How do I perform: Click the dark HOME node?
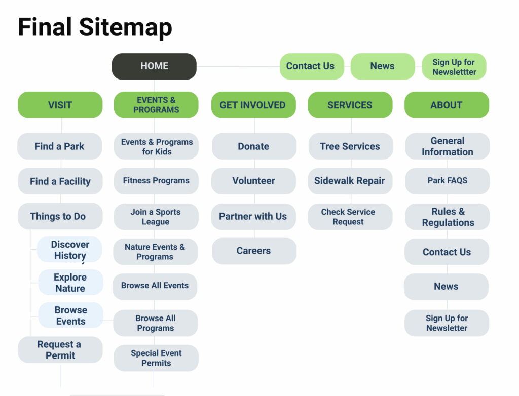tap(154, 66)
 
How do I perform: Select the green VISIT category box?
tap(60, 105)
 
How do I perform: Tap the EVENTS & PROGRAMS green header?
tap(156, 105)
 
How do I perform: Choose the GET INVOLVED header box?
tap(253, 105)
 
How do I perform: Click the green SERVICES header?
tap(350, 105)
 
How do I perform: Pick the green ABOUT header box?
tap(447, 105)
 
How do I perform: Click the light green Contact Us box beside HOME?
tap(312, 66)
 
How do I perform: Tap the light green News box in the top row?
tap(383, 66)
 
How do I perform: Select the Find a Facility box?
tap(60, 181)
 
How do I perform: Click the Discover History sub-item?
tap(69, 250)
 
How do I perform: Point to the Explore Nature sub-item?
tap(70, 282)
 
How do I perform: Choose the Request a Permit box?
tap(60, 350)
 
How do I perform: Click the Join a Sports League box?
tap(156, 217)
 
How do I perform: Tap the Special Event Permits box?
tap(156, 358)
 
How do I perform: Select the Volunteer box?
tap(253, 181)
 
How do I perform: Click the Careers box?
tap(254, 251)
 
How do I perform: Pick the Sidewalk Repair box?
tap(350, 181)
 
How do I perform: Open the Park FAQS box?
tap(448, 181)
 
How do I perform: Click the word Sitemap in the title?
tap(126, 28)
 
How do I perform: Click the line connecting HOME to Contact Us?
tap(238, 66)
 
